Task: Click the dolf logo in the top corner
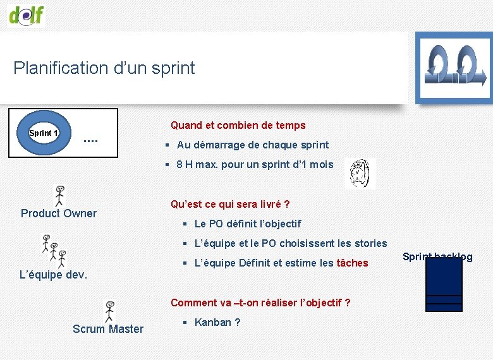click(x=27, y=14)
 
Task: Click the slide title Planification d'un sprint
click(x=104, y=68)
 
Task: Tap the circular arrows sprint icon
click(x=454, y=67)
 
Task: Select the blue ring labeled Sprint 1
click(x=44, y=133)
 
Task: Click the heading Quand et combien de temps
click(x=238, y=126)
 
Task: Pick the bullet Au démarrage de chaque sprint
click(x=252, y=145)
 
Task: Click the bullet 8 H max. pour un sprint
click(x=255, y=165)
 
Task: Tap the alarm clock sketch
click(x=360, y=173)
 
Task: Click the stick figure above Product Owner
click(x=60, y=196)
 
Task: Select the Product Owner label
click(x=59, y=213)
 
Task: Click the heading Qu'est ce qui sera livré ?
click(x=230, y=205)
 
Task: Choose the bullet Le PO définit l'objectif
click(x=247, y=224)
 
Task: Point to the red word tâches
click(x=352, y=263)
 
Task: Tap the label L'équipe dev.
click(x=54, y=275)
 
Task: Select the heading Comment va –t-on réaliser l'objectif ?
click(x=260, y=303)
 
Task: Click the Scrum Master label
click(x=108, y=329)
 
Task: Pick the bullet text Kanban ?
click(x=217, y=323)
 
